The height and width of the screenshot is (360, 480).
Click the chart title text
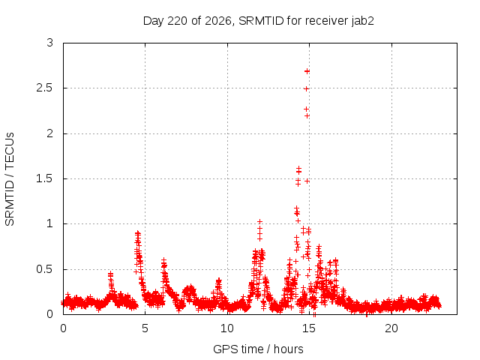tap(258, 21)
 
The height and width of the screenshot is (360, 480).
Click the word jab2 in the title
tap(363, 21)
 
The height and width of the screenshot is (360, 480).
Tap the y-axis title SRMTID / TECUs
tap(10, 179)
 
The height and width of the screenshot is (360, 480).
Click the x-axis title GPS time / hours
tap(258, 349)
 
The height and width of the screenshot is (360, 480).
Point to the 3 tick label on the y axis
tap(50, 43)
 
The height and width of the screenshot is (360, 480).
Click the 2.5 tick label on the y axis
tap(45, 88)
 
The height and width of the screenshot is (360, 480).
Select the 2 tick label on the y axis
tap(50, 133)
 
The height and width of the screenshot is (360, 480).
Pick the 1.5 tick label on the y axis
tap(45, 178)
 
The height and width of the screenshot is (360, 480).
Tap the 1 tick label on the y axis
tap(50, 223)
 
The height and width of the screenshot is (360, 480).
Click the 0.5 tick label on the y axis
tap(45, 269)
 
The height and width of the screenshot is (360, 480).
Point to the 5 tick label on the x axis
tap(145, 328)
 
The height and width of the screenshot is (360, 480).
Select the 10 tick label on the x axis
tap(227, 328)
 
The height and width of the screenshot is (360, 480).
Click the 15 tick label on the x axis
tap(309, 328)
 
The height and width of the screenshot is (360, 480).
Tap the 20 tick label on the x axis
tap(391, 328)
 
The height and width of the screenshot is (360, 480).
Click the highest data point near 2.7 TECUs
tap(307, 71)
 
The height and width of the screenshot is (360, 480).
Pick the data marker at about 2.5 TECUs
tap(306, 88)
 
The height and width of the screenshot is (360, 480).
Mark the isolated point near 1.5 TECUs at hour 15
tap(307, 181)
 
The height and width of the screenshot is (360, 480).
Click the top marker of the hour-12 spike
tap(259, 221)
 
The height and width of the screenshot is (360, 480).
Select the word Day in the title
tap(153, 22)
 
